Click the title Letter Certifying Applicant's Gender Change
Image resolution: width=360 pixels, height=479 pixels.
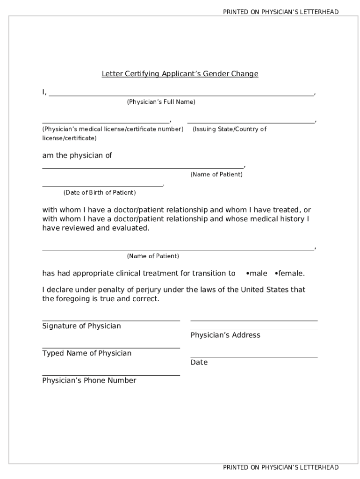180,74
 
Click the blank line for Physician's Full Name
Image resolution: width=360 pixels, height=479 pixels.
181,95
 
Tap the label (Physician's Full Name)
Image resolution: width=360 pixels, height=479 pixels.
161,102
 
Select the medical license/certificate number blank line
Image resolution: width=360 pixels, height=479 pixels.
106,123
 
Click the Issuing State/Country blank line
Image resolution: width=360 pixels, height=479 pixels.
251,123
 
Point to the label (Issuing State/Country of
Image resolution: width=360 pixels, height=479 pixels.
229,129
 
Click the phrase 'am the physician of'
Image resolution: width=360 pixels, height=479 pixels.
77,155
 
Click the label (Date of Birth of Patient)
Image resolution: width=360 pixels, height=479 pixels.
100,193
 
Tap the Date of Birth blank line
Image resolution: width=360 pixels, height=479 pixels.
102,186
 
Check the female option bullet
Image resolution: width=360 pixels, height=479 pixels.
277,273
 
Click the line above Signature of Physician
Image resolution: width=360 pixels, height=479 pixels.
111,321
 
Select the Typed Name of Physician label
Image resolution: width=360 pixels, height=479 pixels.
87,353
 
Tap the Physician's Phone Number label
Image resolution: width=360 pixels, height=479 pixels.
89,380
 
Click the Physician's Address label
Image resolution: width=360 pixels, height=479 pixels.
225,335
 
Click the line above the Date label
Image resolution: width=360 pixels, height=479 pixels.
254,357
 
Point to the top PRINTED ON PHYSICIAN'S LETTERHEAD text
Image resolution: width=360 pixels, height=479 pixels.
281,12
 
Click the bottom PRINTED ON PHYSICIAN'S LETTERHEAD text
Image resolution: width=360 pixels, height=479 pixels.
281,467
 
